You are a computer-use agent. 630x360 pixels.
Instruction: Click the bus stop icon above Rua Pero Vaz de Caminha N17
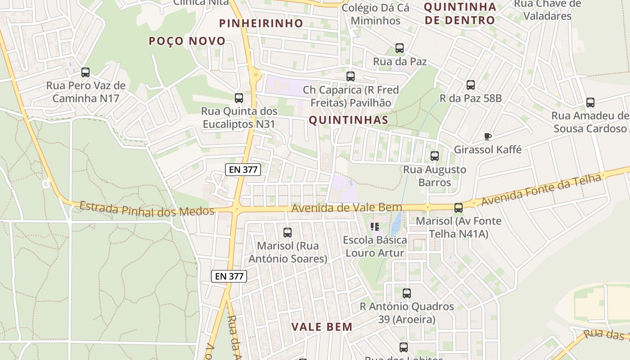[85, 72]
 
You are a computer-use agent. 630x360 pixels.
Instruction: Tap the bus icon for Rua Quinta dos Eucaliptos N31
[239, 98]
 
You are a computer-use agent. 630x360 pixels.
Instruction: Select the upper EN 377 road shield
[243, 169]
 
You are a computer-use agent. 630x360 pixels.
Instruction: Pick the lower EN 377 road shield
[229, 276]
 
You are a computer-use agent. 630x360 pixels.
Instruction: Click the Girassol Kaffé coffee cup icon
[487, 136]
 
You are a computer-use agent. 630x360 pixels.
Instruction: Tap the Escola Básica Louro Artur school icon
[374, 226]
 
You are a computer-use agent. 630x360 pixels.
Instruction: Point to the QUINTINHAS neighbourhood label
[348, 120]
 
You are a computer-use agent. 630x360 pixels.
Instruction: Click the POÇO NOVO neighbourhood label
[187, 41]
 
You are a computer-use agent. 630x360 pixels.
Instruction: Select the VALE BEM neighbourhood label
[322, 327]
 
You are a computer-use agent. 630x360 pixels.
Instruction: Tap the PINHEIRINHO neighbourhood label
[261, 23]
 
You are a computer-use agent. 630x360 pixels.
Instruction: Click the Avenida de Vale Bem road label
[346, 208]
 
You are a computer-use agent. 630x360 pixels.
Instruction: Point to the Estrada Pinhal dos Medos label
[147, 209]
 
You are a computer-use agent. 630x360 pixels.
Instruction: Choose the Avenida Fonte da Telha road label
[541, 190]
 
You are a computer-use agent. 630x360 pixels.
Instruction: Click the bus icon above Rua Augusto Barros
[435, 156]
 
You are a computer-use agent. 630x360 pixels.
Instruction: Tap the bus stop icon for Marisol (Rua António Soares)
[288, 233]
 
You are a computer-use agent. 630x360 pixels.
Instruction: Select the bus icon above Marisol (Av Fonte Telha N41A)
[459, 208]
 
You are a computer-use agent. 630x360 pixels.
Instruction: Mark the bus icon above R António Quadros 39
[407, 293]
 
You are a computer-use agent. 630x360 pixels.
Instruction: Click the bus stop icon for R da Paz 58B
[471, 85]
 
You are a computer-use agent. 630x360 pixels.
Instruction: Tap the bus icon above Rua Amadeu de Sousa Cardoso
[590, 103]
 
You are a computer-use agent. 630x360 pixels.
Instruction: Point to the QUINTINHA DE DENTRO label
[460, 13]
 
